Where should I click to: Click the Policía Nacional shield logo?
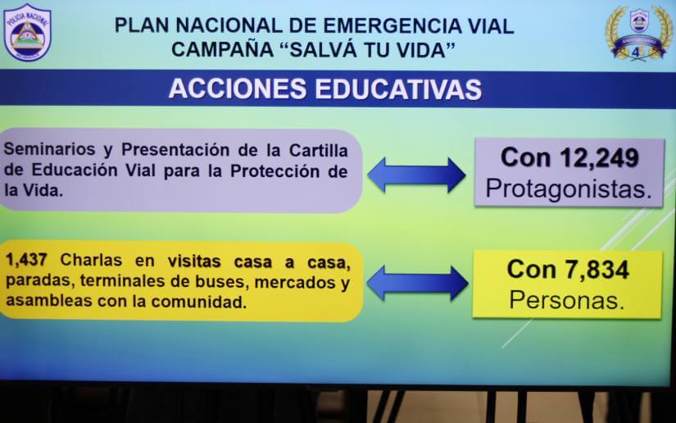coord(27,32)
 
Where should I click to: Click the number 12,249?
coord(598,157)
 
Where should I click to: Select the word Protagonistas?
coord(569,189)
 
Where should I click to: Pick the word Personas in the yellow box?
coord(566,300)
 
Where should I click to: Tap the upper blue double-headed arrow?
coord(416,175)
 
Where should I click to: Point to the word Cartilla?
coord(318,151)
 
